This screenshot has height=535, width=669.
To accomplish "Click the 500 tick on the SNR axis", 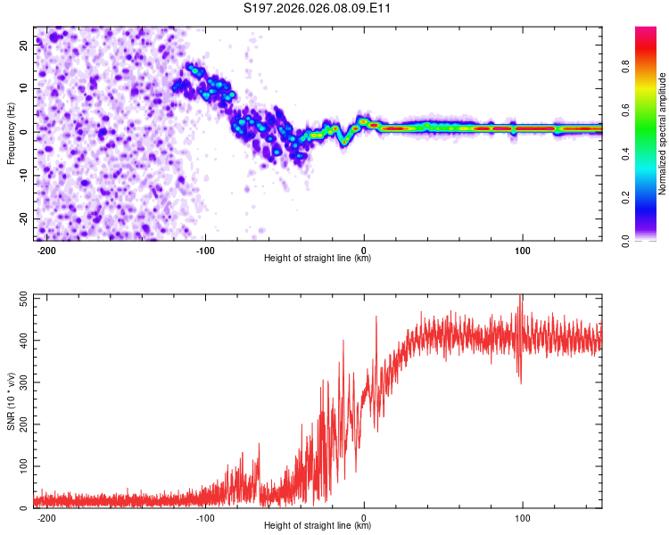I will [21, 298].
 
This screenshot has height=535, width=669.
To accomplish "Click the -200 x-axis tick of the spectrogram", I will [47, 249].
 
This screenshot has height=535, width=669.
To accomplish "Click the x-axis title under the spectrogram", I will [318, 259].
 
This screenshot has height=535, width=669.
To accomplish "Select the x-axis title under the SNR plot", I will [318, 526].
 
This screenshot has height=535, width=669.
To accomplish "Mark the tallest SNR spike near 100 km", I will [520, 297].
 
